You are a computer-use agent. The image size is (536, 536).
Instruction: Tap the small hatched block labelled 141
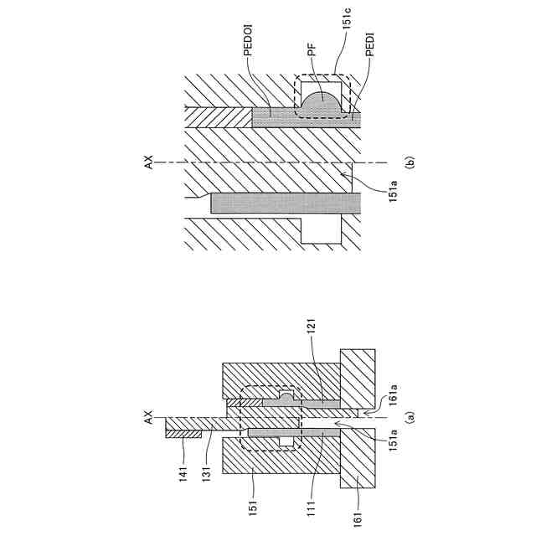[x=182, y=434]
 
